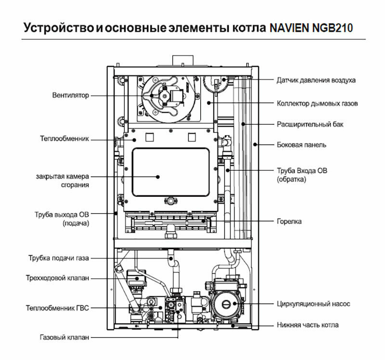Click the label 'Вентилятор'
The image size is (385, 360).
click(x=71, y=95)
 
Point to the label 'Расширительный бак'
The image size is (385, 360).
click(x=310, y=124)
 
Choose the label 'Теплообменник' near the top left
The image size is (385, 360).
click(x=65, y=139)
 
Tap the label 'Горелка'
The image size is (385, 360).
click(x=289, y=222)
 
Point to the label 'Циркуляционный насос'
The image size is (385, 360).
click(x=313, y=304)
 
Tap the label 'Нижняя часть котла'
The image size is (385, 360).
click(x=308, y=325)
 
